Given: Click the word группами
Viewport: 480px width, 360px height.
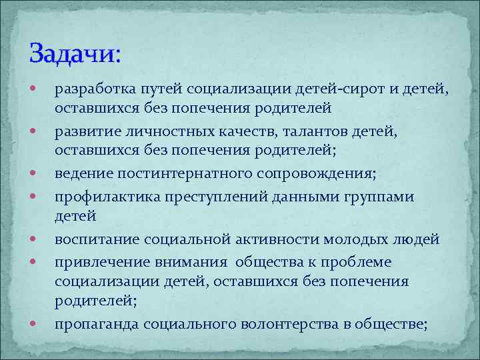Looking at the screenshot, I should point(381,197).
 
